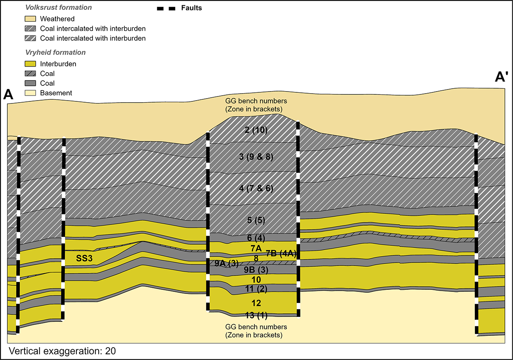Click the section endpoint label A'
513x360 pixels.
pos(502,77)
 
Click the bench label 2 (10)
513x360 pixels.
pos(256,130)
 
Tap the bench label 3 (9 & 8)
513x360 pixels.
pos(256,157)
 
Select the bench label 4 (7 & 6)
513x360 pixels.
pos(256,188)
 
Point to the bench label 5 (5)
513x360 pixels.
pos(256,220)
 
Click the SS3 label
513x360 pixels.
pos(84,258)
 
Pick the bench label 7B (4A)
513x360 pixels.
pos(281,253)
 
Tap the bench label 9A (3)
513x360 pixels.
pos(227,264)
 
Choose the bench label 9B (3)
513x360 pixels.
pos(256,270)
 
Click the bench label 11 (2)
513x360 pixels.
pos(256,289)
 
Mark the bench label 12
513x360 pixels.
pos(256,303)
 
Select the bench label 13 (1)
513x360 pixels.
pos(256,315)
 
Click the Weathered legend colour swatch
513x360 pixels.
pos(30,19)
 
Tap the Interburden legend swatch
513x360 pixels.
pos(30,64)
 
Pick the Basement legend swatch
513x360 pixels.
pos(30,93)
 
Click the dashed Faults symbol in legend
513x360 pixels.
pos(166,9)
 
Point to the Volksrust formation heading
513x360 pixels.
pos(58,7)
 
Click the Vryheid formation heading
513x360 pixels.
pos(55,52)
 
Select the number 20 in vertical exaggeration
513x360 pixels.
pos(110,351)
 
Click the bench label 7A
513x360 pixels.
pos(256,248)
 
